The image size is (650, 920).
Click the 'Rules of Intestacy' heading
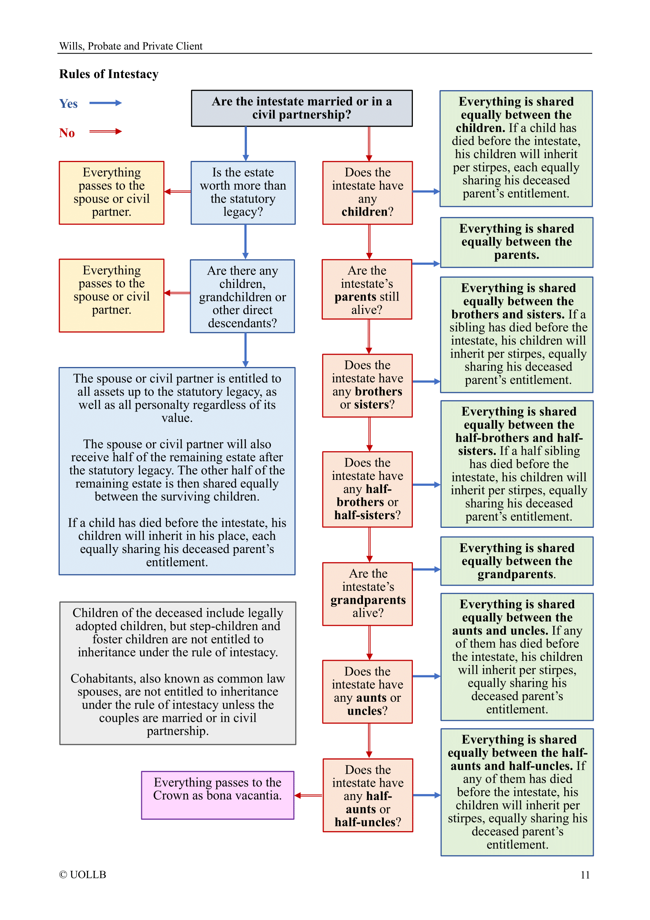[x=109, y=74]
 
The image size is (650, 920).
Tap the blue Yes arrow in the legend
[x=105, y=103]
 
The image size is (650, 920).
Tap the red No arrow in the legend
[x=105, y=131]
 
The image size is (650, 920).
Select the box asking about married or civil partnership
[x=302, y=108]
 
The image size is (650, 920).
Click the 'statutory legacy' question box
[x=243, y=192]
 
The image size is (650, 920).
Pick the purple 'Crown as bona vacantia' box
[x=217, y=795]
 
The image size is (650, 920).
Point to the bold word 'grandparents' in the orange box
[x=368, y=600]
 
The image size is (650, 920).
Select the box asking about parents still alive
[x=367, y=289]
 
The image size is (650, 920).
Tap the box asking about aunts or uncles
[x=367, y=691]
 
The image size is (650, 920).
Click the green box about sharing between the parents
[x=516, y=242]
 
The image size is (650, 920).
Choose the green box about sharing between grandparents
[x=517, y=561]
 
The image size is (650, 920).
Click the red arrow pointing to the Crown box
[x=308, y=795]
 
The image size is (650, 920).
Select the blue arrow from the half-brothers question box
[x=426, y=485]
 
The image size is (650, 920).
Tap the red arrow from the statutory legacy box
[x=177, y=192]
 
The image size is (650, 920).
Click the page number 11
[x=585, y=875]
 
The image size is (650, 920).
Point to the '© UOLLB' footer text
[x=83, y=875]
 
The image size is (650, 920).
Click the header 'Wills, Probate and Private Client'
[x=131, y=46]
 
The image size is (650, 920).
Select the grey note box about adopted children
[x=177, y=673]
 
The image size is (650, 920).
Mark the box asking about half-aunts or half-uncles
[x=368, y=795]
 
